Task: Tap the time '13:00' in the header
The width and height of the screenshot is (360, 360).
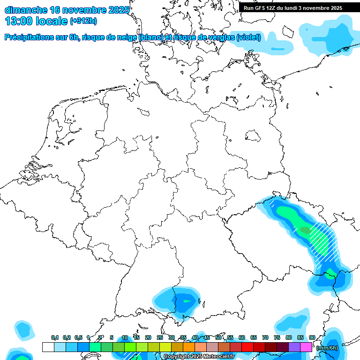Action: pyautogui.click(x=19, y=21)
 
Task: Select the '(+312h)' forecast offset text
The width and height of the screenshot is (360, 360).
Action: pyautogui.click(x=83, y=22)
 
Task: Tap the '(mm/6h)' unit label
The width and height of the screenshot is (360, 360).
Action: pyautogui.click(x=327, y=348)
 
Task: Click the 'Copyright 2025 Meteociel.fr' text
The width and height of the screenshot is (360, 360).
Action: pyautogui.click(x=199, y=357)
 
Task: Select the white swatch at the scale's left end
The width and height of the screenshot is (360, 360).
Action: pyautogui.click(x=48, y=347)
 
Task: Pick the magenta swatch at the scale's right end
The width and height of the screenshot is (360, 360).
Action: pyautogui.click(x=306, y=347)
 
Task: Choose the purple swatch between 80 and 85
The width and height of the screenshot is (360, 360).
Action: pyautogui.click(x=294, y=347)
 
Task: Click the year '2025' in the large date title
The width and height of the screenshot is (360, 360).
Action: pyautogui.click(x=118, y=10)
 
